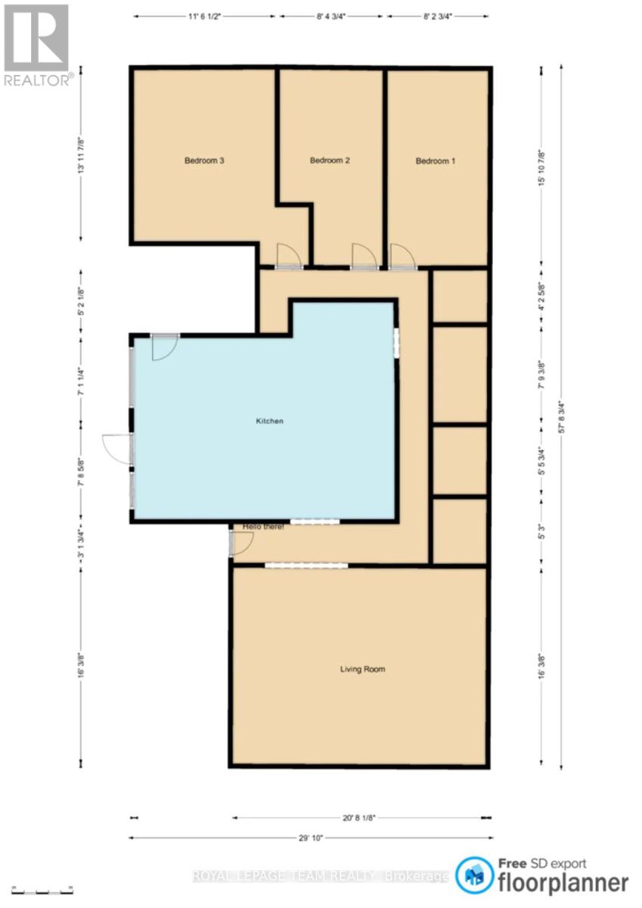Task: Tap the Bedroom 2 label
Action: (330, 160)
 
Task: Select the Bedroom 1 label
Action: (436, 160)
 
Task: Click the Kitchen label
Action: (269, 421)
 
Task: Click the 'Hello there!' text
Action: (263, 527)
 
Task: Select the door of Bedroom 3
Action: (289, 257)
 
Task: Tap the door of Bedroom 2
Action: (364, 257)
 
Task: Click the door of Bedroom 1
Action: (402, 257)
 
